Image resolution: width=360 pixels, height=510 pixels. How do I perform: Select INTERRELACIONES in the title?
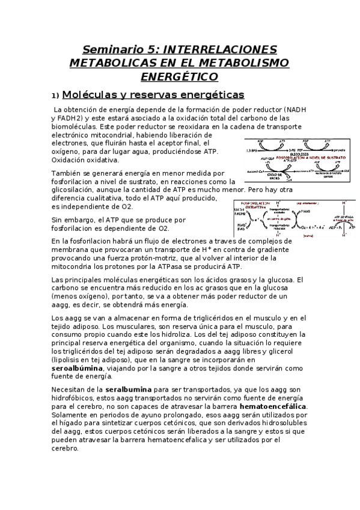(220, 49)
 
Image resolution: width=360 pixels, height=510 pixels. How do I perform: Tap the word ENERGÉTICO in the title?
(179, 76)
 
